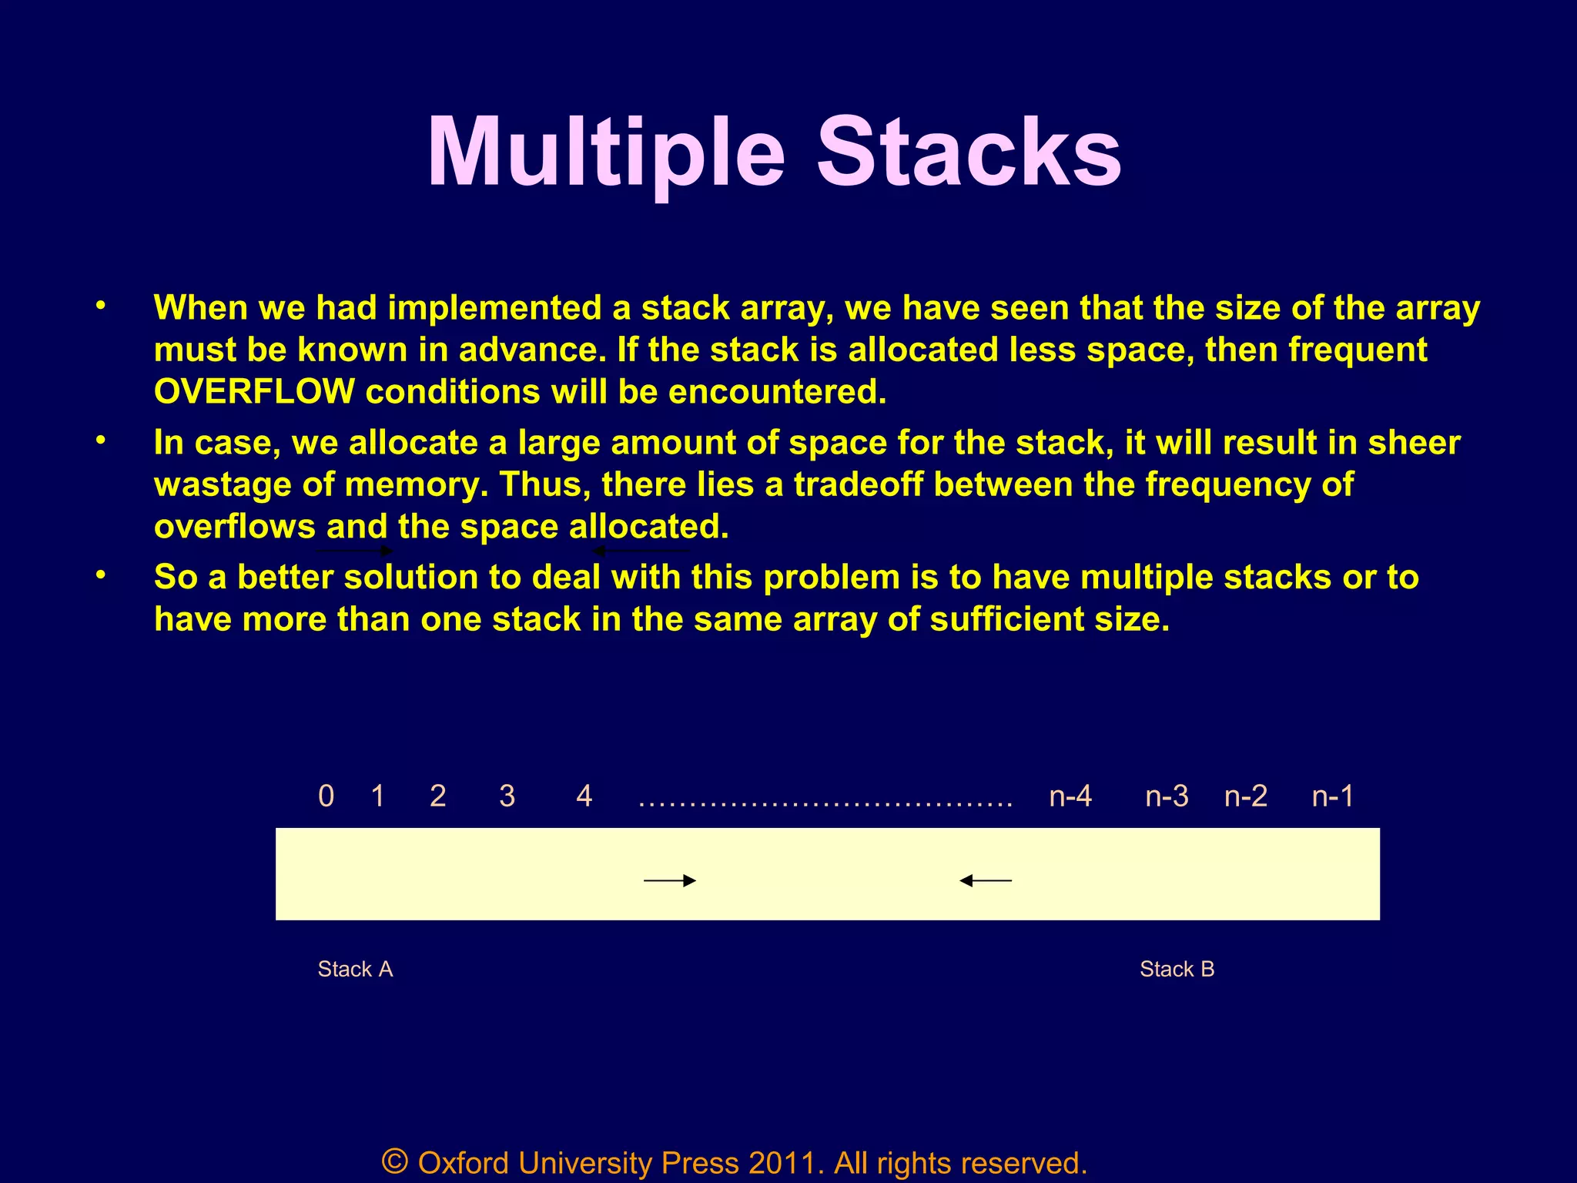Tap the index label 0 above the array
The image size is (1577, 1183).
[x=326, y=796]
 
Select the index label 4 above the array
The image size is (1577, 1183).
[x=584, y=796]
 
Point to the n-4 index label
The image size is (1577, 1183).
[x=1070, y=796]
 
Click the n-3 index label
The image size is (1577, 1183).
[x=1167, y=796]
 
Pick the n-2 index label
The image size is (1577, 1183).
[x=1246, y=796]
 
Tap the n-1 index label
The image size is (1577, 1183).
[x=1333, y=796]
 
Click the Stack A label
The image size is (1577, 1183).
[x=355, y=969]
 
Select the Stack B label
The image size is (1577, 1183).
[x=1177, y=969]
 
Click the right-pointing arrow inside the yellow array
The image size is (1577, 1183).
[x=670, y=880]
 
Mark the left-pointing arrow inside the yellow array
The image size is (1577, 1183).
[x=986, y=880]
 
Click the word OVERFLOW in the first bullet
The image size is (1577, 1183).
[x=254, y=392]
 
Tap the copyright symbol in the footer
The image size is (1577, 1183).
[x=395, y=1161]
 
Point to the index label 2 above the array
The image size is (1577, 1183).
[x=438, y=796]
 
